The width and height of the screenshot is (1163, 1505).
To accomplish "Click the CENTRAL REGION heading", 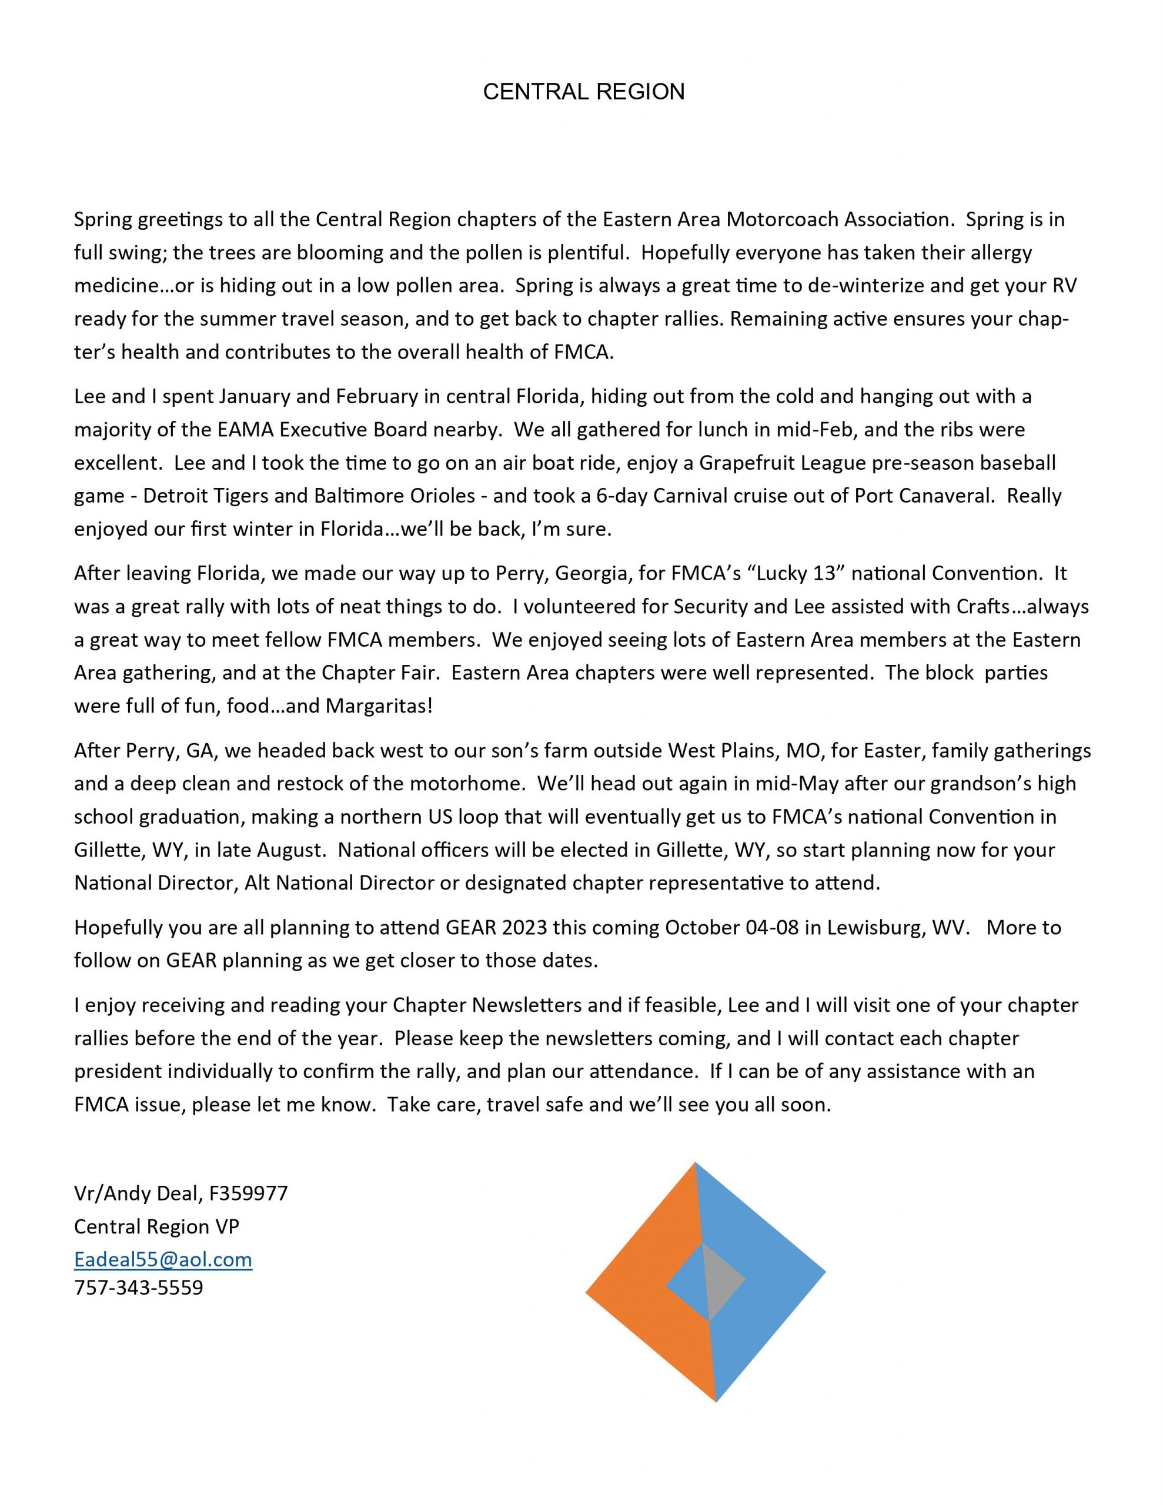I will (x=583, y=92).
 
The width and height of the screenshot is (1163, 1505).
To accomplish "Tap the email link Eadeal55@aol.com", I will (x=163, y=1260).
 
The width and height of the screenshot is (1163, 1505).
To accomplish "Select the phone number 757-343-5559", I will (x=139, y=1287).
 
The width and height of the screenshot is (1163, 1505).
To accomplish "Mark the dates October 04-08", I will (x=731, y=928).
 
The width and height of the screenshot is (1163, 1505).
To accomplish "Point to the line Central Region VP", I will (x=156, y=1226).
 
